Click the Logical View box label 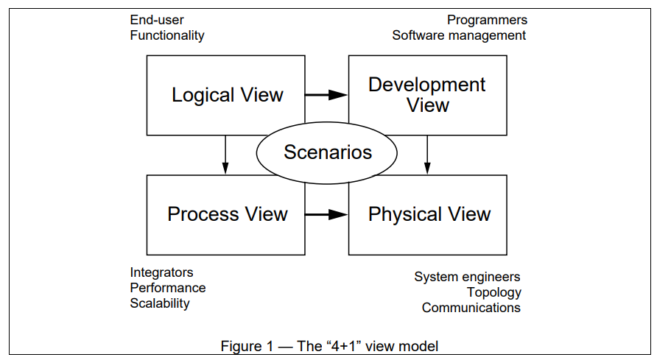[228, 95]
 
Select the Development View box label [427, 95]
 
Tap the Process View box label [228, 214]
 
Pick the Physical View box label [429, 214]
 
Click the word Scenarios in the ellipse [328, 152]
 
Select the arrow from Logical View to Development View [326, 95]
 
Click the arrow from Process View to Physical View [326, 215]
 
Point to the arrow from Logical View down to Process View [225, 155]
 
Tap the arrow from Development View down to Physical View [427, 155]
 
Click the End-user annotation [157, 20]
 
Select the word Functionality [167, 35]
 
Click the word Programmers [487, 20]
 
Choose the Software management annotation [459, 35]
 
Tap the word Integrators [161, 272]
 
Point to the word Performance [168, 288]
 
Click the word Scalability [160, 303]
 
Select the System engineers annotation [467, 277]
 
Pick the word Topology [494, 292]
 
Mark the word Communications [471, 308]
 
